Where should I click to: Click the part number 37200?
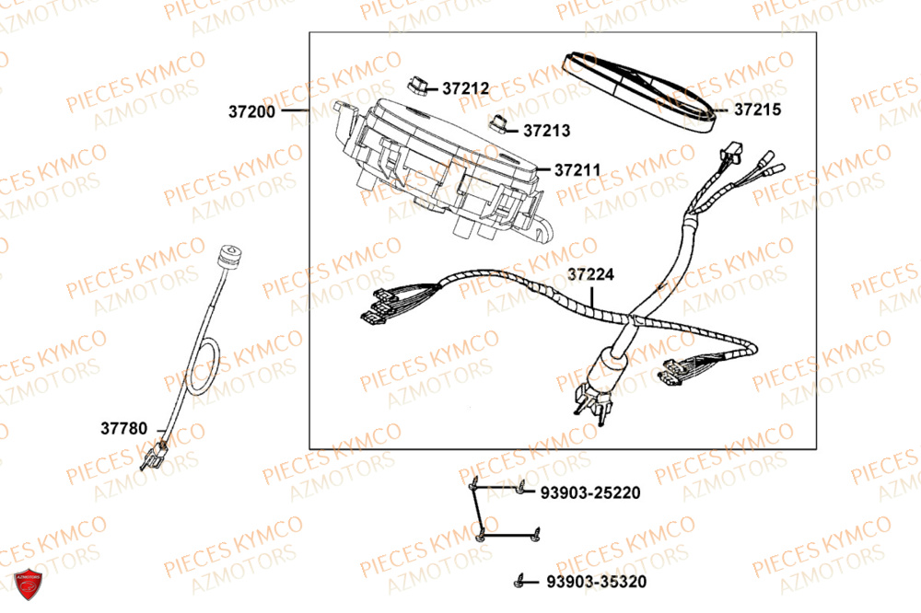[251, 112]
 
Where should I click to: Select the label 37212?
[465, 89]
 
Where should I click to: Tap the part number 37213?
[547, 131]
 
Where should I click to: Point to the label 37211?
[577, 170]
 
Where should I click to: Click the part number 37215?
[757, 110]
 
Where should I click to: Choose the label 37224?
[590, 274]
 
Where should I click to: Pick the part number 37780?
[123, 428]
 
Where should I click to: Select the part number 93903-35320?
[596, 582]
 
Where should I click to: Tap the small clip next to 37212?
[418, 85]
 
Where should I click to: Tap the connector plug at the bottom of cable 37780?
[155, 455]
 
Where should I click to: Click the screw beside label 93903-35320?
[521, 581]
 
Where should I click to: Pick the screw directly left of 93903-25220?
[521, 492]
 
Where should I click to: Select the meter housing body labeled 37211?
[442, 166]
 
